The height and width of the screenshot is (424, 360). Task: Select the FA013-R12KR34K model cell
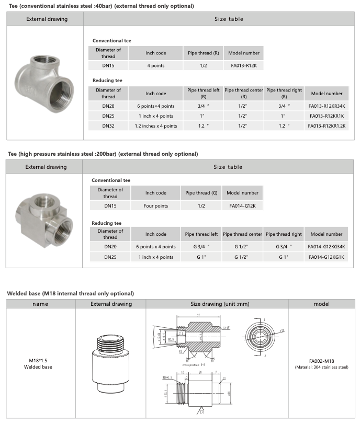point(327,106)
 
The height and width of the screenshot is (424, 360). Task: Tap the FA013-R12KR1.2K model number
point(327,125)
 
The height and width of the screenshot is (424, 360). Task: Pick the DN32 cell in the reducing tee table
point(108,125)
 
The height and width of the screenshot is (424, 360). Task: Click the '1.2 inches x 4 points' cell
point(156,125)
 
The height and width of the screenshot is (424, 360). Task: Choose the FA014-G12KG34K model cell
point(326,246)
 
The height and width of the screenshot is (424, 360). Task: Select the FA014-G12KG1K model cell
point(326,257)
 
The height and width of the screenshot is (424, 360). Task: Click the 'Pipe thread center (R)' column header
point(243,93)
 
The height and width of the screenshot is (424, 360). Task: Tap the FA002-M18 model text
point(321,361)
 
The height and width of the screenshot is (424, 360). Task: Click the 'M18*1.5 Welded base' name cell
point(40,363)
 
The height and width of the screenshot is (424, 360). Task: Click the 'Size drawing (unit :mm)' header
point(216,304)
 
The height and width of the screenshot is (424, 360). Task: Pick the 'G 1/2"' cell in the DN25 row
point(243,257)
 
